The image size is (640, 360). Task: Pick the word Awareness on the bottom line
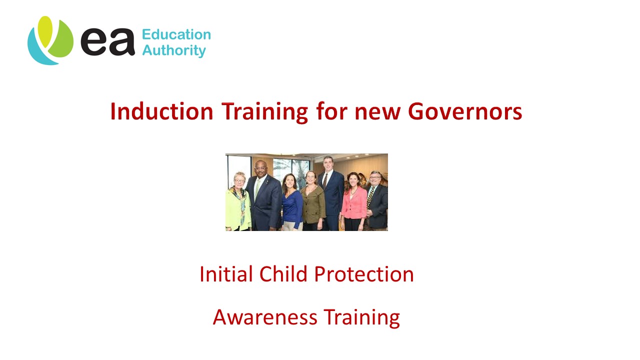(x=265, y=317)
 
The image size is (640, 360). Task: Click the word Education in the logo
(x=176, y=34)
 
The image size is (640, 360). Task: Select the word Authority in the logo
(x=174, y=50)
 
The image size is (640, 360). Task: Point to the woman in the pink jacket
(x=353, y=202)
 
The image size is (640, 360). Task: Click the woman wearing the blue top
(x=292, y=205)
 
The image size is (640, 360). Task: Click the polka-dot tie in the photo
(x=370, y=197)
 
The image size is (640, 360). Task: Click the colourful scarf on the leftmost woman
(x=241, y=197)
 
